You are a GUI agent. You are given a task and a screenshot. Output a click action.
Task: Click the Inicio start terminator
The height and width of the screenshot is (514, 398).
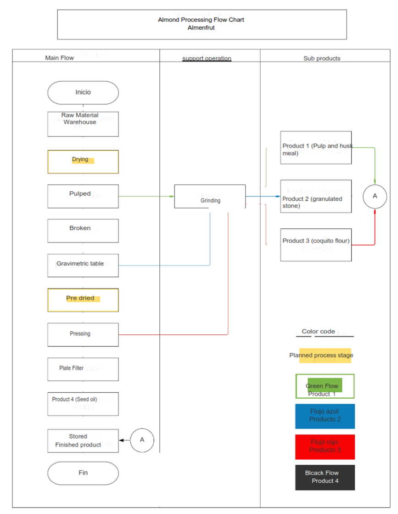[83, 92]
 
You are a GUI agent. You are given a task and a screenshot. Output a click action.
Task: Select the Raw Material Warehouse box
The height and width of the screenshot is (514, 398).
[83, 124]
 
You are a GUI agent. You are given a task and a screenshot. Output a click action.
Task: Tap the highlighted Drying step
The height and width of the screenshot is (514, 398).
[83, 162]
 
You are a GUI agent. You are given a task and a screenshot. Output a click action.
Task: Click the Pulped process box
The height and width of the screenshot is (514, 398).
[83, 197]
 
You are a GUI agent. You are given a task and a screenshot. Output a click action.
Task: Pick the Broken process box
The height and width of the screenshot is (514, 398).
[83, 231]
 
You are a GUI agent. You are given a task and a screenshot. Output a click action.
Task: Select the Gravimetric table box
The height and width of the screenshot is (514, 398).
[83, 265]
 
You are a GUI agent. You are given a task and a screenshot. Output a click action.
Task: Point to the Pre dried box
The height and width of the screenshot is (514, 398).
[83, 300]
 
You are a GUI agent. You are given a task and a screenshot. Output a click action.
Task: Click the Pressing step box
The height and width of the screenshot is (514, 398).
[83, 335]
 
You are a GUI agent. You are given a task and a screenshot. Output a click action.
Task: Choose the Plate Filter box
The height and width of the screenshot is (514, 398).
[83, 369]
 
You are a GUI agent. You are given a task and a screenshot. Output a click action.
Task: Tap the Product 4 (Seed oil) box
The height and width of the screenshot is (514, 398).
[83, 404]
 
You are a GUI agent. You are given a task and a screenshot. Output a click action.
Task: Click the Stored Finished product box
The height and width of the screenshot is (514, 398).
[83, 441]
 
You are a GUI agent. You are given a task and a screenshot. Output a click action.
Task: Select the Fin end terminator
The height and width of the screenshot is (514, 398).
[83, 473]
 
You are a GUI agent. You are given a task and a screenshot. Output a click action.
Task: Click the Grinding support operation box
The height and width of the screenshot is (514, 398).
[210, 197]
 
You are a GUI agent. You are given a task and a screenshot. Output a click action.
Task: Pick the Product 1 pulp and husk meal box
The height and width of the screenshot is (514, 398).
[316, 147]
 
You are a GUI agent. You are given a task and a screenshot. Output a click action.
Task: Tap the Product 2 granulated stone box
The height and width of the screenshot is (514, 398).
[316, 197]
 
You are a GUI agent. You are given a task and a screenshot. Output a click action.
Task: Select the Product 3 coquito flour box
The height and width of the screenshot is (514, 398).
[316, 245]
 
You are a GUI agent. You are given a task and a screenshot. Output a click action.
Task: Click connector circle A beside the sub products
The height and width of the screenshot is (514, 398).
[375, 196]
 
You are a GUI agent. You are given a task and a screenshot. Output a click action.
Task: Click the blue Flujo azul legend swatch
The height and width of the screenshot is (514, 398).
[325, 416]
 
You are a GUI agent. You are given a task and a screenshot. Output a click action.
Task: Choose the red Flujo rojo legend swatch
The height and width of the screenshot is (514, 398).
[325, 447]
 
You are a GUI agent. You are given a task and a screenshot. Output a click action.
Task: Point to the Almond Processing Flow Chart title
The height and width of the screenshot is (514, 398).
[202, 24]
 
